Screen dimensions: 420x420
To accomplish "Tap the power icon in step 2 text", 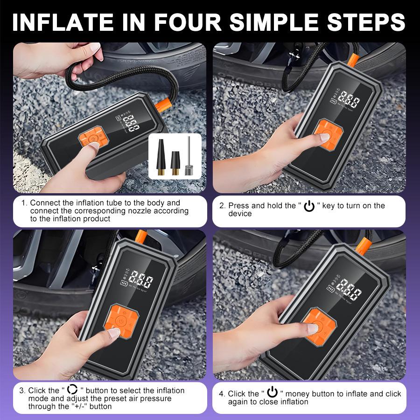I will click(x=309, y=206).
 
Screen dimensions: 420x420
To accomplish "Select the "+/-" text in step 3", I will click(x=84, y=406).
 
